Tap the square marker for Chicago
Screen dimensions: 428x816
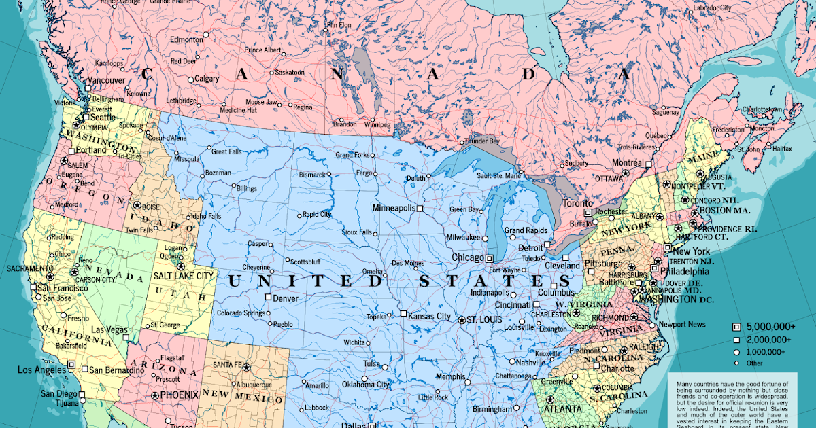click(x=489, y=258)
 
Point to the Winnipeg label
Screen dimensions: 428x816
click(x=377, y=125)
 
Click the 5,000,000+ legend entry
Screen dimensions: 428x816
click(x=770, y=326)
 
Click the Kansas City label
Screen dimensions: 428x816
click(x=430, y=316)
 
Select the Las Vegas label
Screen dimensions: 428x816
click(x=105, y=329)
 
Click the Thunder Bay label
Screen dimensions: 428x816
click(x=482, y=141)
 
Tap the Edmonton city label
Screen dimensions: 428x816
click(x=186, y=39)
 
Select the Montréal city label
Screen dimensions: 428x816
click(x=628, y=163)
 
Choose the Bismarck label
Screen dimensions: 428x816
click(x=312, y=175)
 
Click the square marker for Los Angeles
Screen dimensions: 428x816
click(x=71, y=364)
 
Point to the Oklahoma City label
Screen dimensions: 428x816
click(x=366, y=385)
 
